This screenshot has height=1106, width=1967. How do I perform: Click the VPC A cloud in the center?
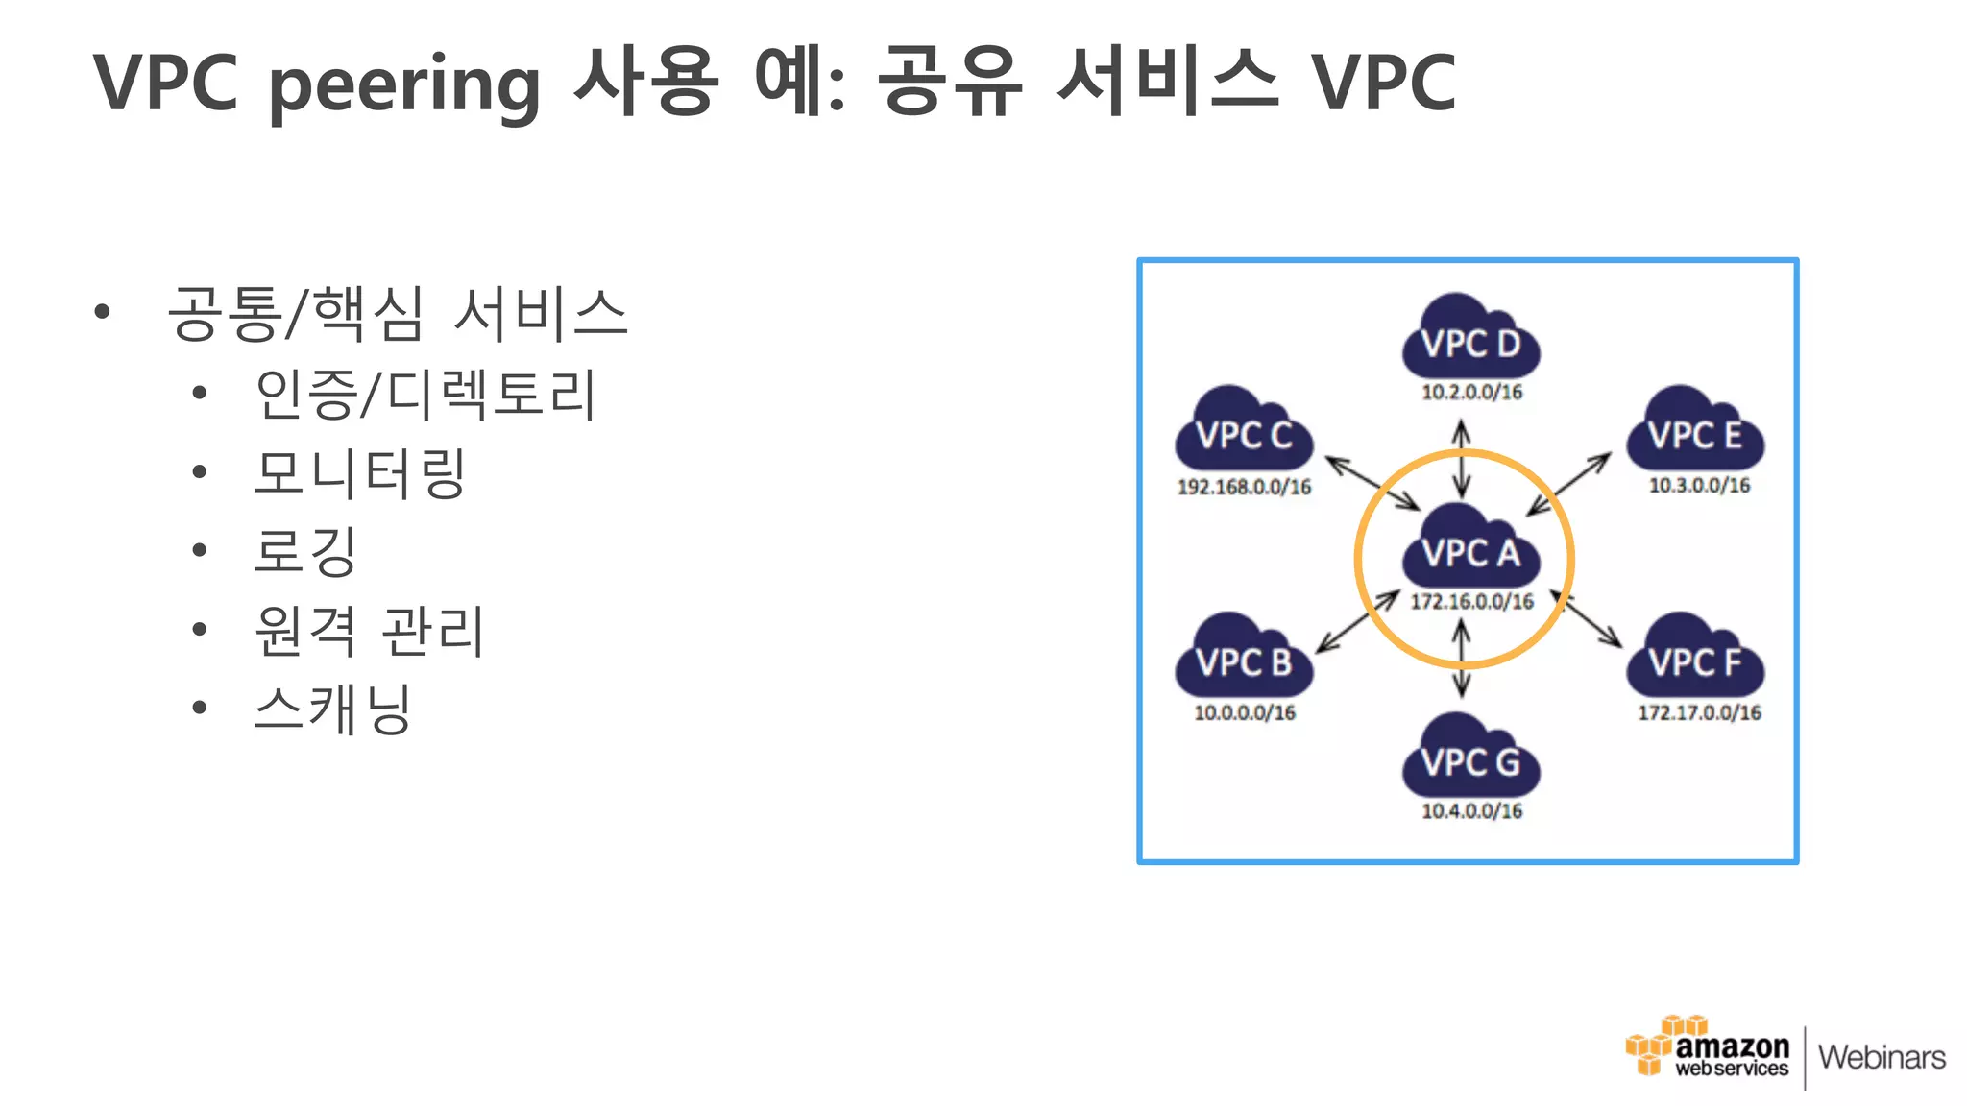1470,547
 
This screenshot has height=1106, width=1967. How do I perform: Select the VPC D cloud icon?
1470,338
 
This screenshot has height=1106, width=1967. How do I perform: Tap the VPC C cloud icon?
1244,430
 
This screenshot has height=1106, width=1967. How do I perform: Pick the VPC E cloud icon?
1695,430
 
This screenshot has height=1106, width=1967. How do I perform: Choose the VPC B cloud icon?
1244,657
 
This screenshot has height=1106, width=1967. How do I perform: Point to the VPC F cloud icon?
1695,657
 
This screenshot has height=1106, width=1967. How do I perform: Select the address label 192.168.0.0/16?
1244,487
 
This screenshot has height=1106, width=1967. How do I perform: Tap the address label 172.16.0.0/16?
1471,602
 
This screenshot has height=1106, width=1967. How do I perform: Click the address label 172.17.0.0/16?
1699,712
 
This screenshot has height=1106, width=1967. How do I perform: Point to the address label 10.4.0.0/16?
1471,811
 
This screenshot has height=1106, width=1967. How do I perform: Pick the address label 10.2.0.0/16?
1471,392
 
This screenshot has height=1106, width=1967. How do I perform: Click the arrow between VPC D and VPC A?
1462,459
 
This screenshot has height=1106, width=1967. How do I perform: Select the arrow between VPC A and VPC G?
1462,659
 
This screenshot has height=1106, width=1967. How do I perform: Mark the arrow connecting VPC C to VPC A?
1372,483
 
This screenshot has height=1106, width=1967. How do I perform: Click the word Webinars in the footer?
1882,1057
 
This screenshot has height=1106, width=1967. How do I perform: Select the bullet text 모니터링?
360,473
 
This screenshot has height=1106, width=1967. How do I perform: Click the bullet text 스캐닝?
332,709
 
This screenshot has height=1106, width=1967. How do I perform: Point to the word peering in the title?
403,84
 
